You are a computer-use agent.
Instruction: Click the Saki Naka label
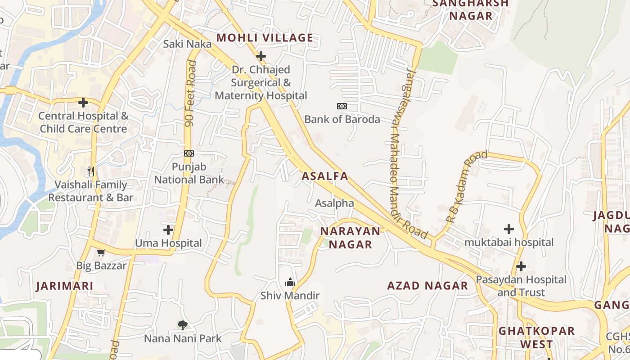click(x=187, y=44)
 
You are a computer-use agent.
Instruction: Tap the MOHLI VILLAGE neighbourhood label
click(x=265, y=38)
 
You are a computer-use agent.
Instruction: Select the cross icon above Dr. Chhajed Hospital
click(x=261, y=57)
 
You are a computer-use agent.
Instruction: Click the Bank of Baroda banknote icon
click(x=342, y=106)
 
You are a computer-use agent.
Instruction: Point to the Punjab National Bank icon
click(x=189, y=153)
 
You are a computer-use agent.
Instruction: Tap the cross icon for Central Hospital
click(x=83, y=103)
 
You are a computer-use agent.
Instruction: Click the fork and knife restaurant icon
click(x=91, y=171)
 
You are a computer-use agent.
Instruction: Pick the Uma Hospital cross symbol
click(x=168, y=230)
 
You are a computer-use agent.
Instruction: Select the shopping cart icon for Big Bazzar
click(x=101, y=252)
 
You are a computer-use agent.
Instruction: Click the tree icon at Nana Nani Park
click(x=182, y=325)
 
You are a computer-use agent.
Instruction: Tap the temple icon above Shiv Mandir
click(x=290, y=282)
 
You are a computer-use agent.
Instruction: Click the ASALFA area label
click(x=325, y=176)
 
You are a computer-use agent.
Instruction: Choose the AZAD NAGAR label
click(x=427, y=286)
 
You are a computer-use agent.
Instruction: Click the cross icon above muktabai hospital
click(x=509, y=229)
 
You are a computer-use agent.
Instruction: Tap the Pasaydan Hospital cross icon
click(x=521, y=266)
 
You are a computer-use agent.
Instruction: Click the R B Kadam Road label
click(x=467, y=187)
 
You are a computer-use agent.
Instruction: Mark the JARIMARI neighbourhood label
click(x=65, y=286)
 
